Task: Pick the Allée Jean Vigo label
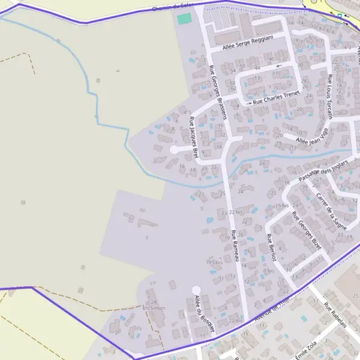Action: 310,139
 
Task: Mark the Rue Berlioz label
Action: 271,247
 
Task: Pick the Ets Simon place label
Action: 154,308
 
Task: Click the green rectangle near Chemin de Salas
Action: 184,19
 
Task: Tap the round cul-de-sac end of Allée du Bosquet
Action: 196,290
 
